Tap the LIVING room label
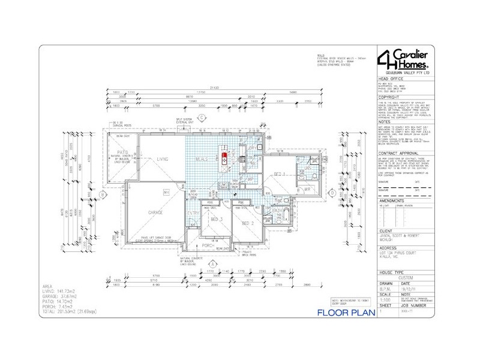tap(162, 160)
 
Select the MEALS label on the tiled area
tap(202, 159)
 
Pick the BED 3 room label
tap(217, 221)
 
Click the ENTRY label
tap(193, 213)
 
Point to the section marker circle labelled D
tap(332, 193)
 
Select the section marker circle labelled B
tap(103, 194)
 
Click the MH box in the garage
tap(167, 192)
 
